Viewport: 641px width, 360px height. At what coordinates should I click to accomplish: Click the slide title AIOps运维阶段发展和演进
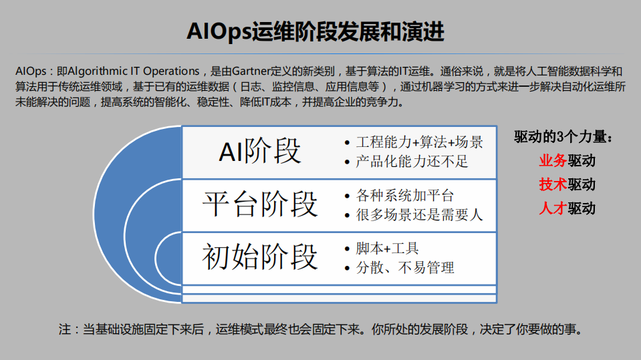tap(315, 31)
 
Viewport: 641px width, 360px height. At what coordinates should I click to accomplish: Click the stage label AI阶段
tap(260, 151)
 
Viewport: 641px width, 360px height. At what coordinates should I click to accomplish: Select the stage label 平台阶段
tap(260, 204)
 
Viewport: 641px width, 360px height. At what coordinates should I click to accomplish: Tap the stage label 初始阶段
tap(260, 256)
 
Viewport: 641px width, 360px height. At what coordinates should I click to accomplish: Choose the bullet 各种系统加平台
tap(405, 196)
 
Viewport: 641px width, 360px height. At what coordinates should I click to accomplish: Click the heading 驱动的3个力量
tap(563, 138)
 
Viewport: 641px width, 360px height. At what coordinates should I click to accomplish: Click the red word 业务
tap(553, 160)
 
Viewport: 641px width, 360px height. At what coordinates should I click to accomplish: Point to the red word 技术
tap(553, 184)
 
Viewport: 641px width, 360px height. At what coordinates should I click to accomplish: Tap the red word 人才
tap(553, 208)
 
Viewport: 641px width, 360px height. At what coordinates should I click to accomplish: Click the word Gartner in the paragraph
tap(252, 71)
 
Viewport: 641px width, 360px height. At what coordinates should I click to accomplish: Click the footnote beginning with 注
tap(320, 329)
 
